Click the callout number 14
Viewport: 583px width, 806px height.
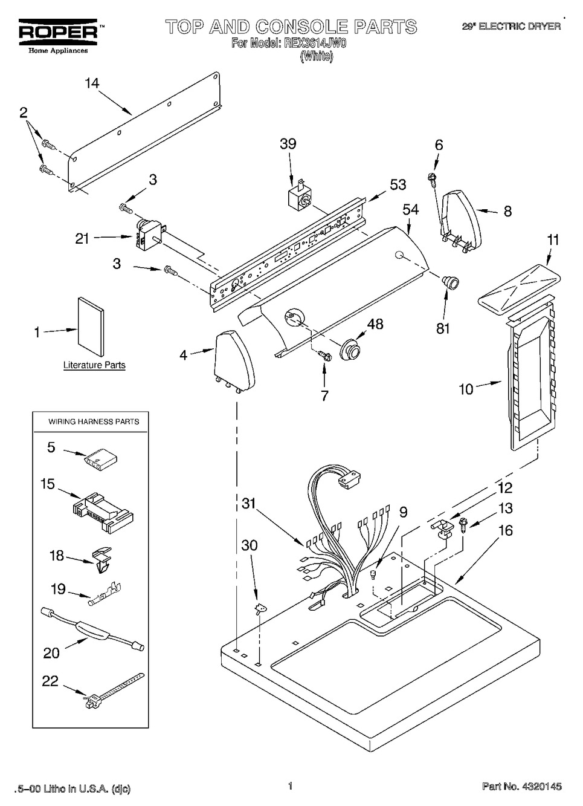click(92, 83)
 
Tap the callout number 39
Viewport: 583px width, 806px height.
click(288, 144)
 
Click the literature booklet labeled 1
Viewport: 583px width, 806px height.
click(91, 327)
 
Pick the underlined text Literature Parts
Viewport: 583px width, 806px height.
click(94, 365)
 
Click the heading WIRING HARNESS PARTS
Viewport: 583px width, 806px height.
click(94, 421)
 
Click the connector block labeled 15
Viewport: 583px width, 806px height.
click(103, 513)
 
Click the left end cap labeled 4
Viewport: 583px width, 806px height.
click(234, 361)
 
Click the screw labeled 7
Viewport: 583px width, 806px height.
click(325, 356)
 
